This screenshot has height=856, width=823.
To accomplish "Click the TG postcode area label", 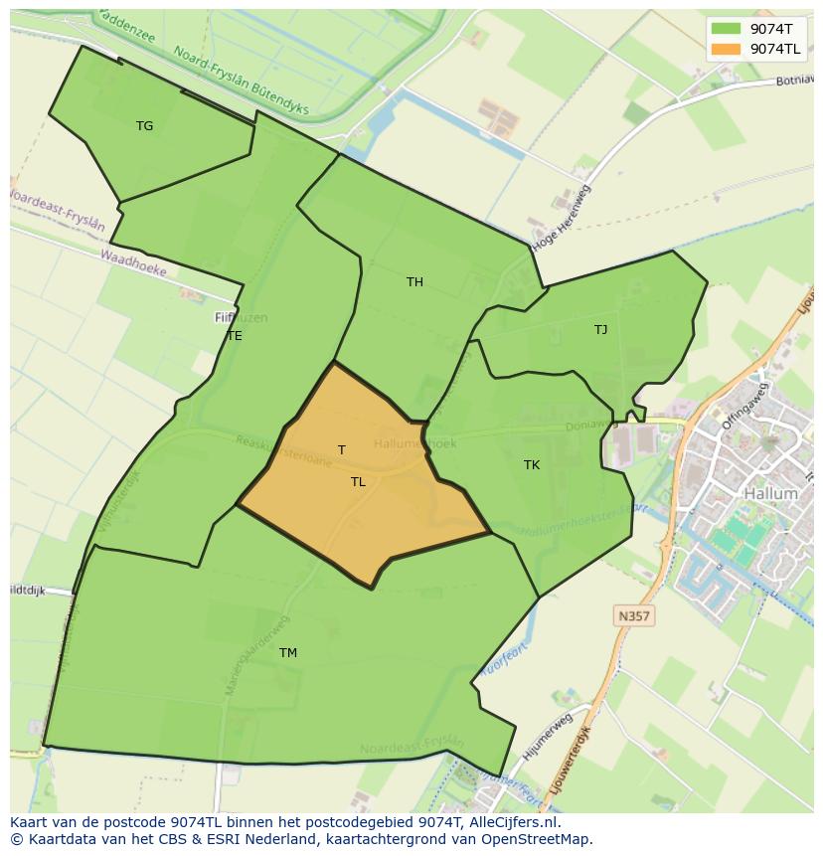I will click(145, 126).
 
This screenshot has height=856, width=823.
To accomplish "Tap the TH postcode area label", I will click(414, 282).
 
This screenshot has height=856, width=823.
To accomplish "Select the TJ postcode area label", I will click(600, 330).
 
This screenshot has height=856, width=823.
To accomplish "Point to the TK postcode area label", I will click(532, 465).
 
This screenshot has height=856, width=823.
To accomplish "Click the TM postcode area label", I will click(287, 653).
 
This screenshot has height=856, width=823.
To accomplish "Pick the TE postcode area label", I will click(235, 336).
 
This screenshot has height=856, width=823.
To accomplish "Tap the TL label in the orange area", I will click(358, 482).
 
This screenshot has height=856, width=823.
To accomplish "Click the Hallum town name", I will click(770, 493).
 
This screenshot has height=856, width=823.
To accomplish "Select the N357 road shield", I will click(633, 616).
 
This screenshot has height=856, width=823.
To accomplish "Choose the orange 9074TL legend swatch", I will click(727, 49).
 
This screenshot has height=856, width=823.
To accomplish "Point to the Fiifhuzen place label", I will click(241, 318).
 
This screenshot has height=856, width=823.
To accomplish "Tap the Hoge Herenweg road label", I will click(562, 216).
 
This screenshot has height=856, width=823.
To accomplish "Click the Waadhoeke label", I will click(133, 263).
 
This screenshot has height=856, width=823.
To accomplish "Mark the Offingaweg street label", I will click(746, 406).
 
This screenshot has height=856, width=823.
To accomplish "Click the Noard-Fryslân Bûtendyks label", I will click(241, 81).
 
